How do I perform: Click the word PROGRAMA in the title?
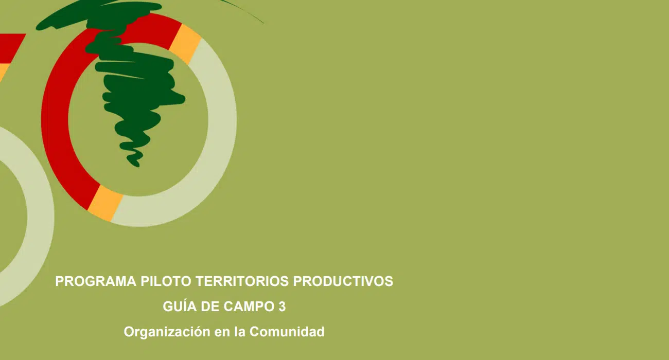(x=96, y=281)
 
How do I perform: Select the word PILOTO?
(x=166, y=281)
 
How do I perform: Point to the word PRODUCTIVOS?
(x=343, y=281)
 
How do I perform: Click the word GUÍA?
(x=180, y=306)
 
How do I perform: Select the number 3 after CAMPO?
(x=282, y=307)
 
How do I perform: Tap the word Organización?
(x=167, y=332)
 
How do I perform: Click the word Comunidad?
(x=287, y=332)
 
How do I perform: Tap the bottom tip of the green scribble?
(x=137, y=166)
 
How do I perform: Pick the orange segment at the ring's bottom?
(x=105, y=204)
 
